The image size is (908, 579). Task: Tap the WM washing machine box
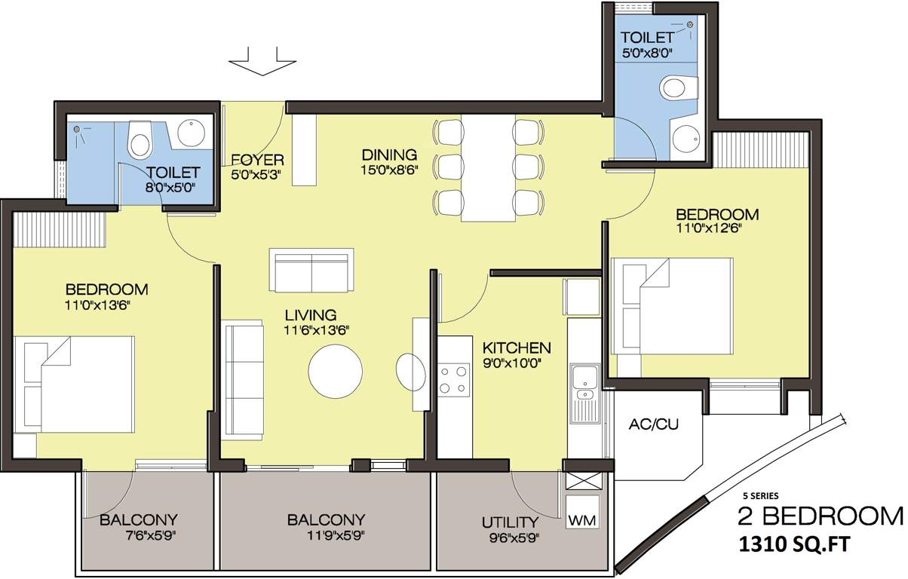(x=584, y=521)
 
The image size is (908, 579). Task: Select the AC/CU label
(x=653, y=424)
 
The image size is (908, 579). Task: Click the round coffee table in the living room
(x=335, y=372)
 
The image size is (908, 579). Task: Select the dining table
(x=488, y=168)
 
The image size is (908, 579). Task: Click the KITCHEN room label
(x=517, y=348)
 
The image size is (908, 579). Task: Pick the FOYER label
(x=257, y=160)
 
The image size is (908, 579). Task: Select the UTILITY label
(x=510, y=522)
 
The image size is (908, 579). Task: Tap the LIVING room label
(x=311, y=314)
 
